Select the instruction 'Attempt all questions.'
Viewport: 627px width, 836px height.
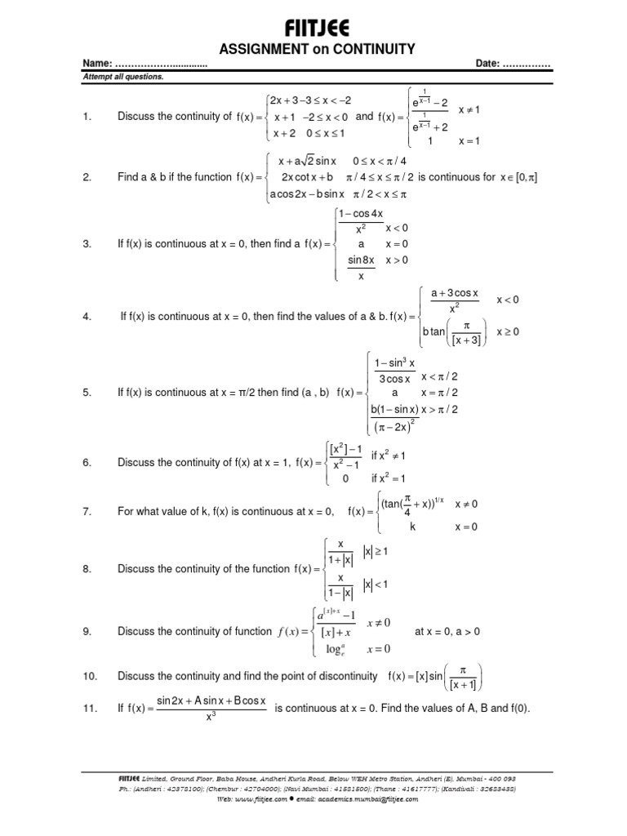[122, 77]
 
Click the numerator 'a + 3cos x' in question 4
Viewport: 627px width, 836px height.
[450, 293]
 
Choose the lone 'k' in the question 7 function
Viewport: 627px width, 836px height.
[413, 527]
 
